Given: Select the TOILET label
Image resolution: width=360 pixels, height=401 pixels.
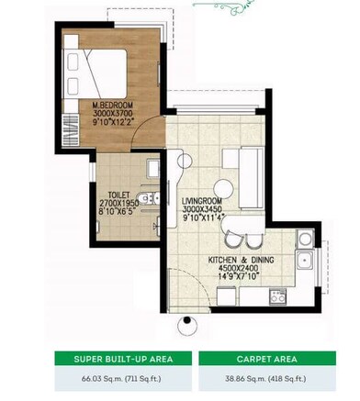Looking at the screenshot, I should tap(116, 195).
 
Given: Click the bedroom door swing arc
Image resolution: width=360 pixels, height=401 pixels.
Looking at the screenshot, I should tap(138, 138).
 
